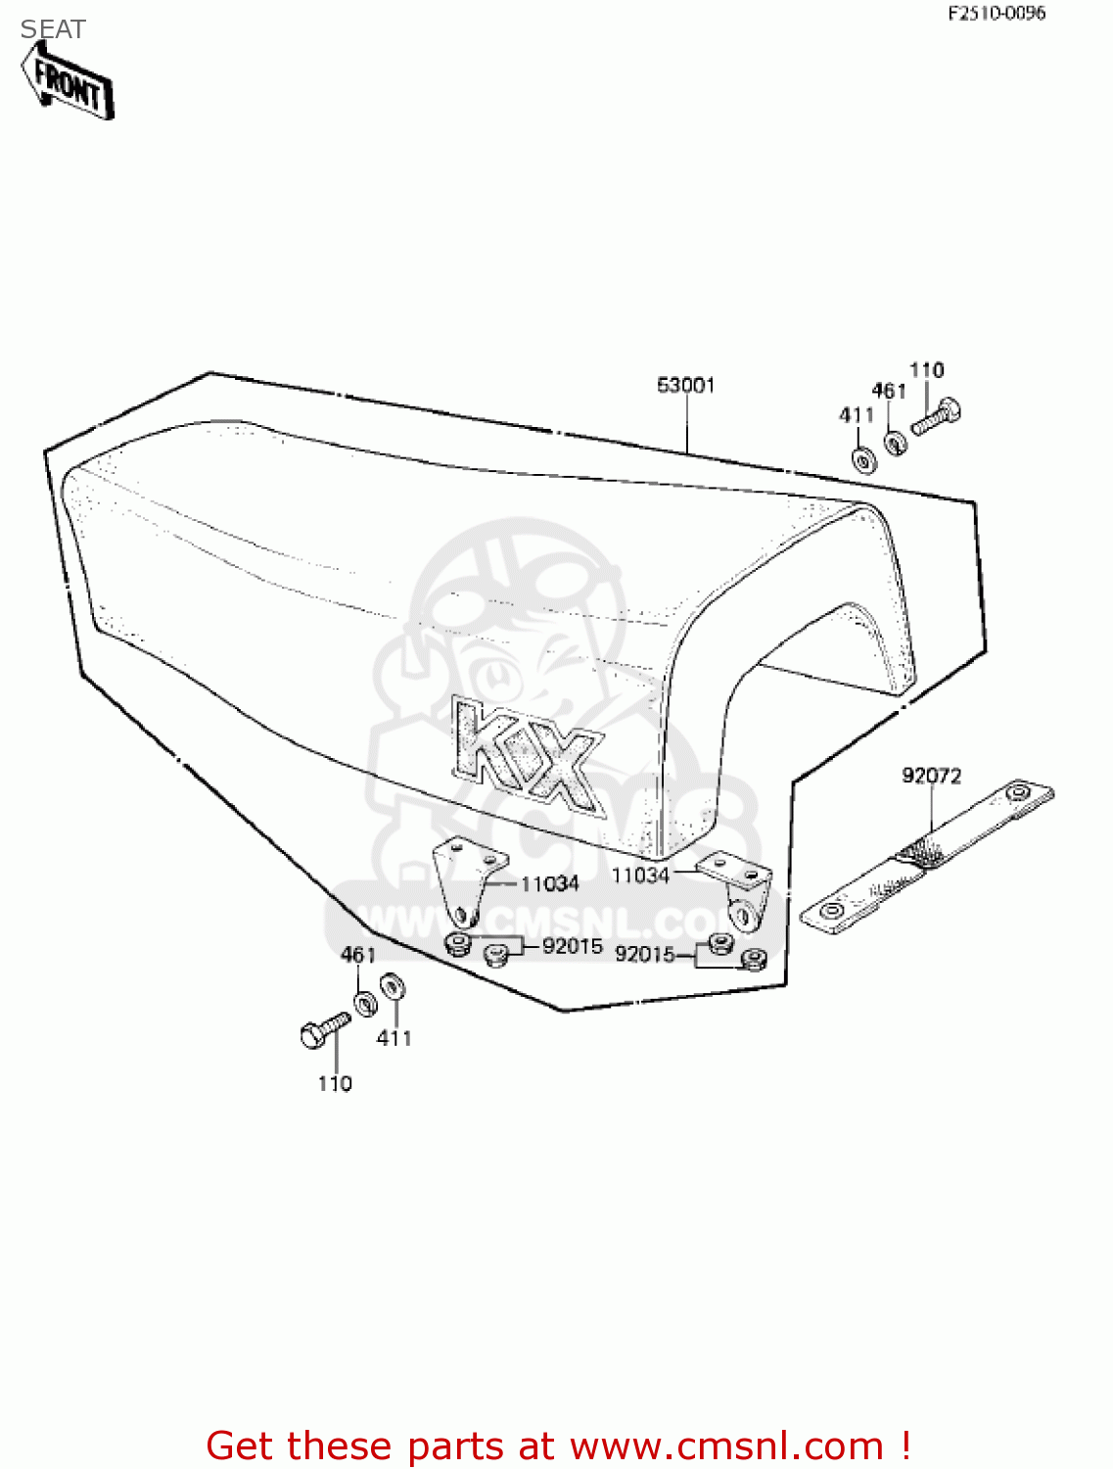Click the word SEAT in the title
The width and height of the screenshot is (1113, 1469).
point(53,29)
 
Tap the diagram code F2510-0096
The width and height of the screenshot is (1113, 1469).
point(996,14)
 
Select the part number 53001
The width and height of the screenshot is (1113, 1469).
point(685,386)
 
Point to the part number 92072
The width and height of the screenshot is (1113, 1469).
point(931,776)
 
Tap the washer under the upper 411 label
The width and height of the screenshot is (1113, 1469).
point(862,459)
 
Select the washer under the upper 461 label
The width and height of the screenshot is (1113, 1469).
point(896,443)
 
